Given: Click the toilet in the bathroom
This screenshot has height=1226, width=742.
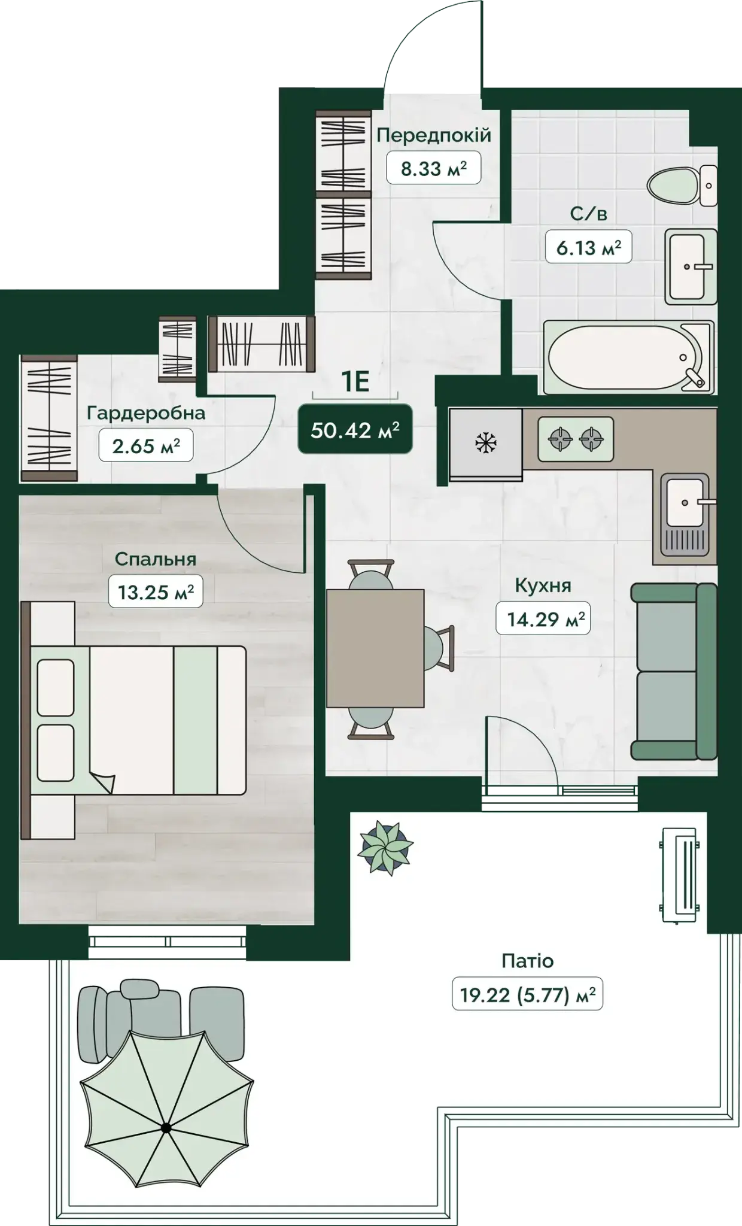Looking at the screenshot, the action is pos(682,186).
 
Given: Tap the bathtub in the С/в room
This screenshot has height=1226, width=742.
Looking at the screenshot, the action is pos(629,357).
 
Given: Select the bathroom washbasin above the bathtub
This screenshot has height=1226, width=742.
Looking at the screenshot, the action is pos(691,266).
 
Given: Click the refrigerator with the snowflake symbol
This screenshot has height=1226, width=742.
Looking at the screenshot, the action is pos(485,444).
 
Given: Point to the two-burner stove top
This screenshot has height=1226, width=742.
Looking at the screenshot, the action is pos(576,439).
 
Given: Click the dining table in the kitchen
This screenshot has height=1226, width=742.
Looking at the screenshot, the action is pos(375,648).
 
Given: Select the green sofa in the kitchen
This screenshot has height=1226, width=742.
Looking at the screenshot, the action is pos(674,672).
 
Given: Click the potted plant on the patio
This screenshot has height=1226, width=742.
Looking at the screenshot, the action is pos(385,848).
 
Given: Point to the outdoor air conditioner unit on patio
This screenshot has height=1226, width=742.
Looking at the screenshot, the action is pos(679,875).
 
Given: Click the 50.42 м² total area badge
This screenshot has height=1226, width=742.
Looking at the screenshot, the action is pos(355,429).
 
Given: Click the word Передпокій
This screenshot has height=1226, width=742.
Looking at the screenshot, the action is pos(434,135).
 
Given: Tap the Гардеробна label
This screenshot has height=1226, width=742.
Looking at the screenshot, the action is pos(146,413).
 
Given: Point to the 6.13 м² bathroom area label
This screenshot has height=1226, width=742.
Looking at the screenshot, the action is pos(589,247).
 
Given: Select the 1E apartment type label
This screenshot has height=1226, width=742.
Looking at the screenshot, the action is pos(355,382).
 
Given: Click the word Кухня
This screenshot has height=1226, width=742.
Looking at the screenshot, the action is pos(543,585).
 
